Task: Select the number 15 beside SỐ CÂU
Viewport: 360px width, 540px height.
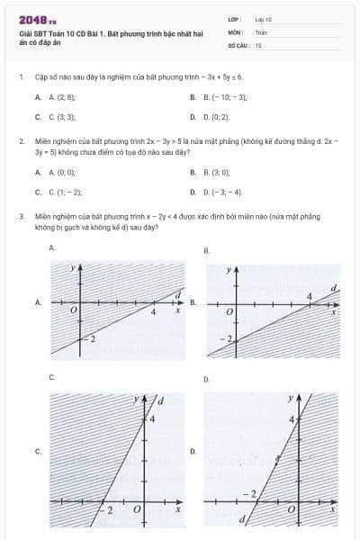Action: tap(258, 43)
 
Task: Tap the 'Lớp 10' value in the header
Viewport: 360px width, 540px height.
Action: tap(263, 18)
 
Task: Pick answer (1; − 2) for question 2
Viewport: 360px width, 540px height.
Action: tap(66, 192)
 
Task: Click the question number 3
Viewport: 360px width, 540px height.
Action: tap(21, 216)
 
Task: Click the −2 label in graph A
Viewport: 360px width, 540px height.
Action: tap(89, 337)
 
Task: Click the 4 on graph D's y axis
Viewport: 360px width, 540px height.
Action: tap(292, 419)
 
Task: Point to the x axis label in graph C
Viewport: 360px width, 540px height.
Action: tap(177, 509)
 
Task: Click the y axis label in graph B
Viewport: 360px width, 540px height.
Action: tap(229, 269)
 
